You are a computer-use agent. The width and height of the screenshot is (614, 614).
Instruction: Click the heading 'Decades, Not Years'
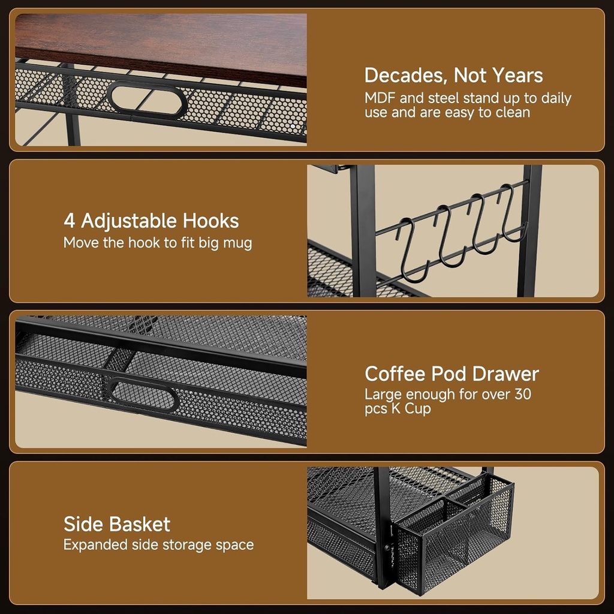click(x=453, y=76)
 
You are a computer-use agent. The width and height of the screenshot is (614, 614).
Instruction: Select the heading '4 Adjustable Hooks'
click(x=151, y=221)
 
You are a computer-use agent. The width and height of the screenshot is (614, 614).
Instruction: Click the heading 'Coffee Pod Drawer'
click(x=452, y=374)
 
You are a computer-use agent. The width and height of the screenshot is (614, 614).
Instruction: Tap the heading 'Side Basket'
click(x=117, y=524)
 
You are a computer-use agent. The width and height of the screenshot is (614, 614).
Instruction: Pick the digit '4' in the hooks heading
click(x=70, y=221)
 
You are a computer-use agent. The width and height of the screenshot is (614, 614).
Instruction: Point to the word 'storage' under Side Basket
click(x=177, y=545)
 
